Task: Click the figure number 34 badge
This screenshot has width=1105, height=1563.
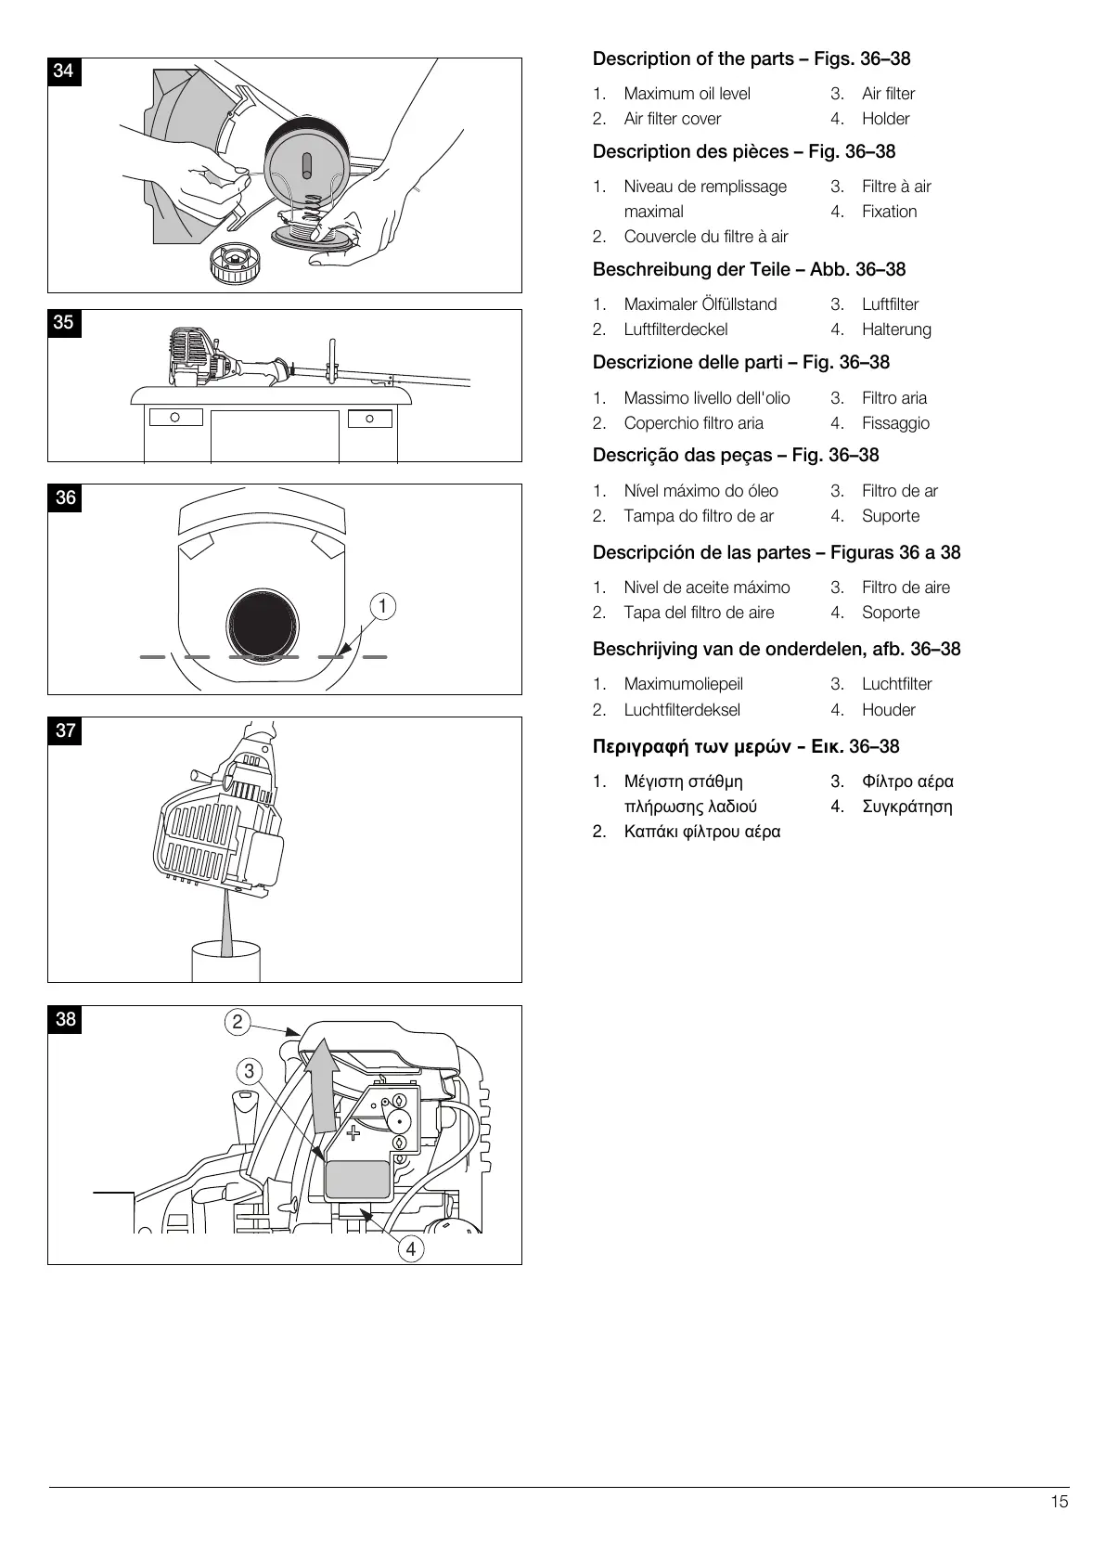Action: pos(64,71)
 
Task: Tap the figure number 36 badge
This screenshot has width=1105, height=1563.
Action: pos(65,497)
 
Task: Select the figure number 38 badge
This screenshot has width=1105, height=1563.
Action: pos(65,1019)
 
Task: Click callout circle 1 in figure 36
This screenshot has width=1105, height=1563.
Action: pos(382,606)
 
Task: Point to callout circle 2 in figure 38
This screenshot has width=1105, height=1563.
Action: pos(238,1022)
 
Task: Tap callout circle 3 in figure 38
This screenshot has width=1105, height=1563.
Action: pos(249,1071)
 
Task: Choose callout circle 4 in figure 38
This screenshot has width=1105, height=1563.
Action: pos(410,1248)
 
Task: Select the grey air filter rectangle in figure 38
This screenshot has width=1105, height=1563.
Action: pos(357,1179)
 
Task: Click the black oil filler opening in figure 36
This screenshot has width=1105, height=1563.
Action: pos(263,623)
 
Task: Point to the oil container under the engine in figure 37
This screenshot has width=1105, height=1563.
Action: pos(225,961)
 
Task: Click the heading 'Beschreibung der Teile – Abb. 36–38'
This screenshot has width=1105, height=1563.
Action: pos(749,269)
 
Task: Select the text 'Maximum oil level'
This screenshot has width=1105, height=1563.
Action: pos(687,94)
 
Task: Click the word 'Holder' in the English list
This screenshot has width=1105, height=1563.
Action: pos(885,119)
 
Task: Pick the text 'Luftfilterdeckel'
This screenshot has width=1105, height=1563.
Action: pos(675,329)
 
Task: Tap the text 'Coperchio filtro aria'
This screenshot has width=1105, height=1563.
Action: pos(693,423)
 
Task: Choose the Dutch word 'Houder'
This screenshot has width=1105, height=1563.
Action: pos(888,710)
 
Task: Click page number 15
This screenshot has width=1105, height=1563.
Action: pos(1059,1502)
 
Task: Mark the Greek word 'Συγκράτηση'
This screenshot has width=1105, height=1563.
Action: pos(906,807)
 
